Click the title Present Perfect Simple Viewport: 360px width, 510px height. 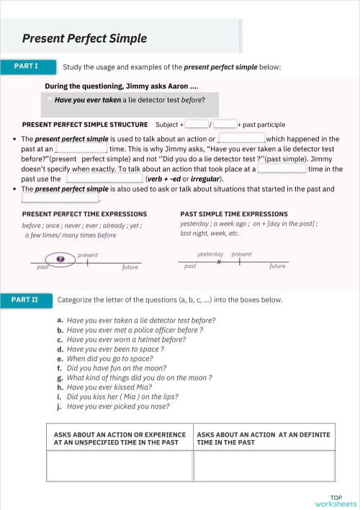[84, 38]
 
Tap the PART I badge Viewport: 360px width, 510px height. [27, 66]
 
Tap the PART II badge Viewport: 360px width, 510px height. [27, 299]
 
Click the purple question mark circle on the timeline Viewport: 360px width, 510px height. [60, 257]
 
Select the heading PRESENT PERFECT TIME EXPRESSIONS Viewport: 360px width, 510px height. [84, 214]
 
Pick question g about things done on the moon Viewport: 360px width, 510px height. [138, 377]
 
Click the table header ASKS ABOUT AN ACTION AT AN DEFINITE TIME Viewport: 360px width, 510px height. [264, 438]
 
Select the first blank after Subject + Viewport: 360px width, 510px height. [197, 124]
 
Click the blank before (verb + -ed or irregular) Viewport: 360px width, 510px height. [104, 179]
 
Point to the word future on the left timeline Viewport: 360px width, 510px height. [130, 267]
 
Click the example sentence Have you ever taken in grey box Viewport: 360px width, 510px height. [130, 100]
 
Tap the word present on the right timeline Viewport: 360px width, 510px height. [242, 254]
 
